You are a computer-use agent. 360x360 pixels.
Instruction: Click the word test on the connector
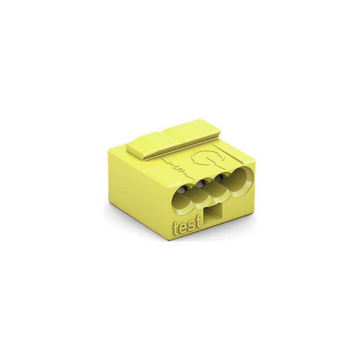(x=185, y=227)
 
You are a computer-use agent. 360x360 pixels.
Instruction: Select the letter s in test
(x=189, y=228)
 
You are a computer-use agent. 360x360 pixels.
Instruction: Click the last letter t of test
(x=196, y=225)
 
